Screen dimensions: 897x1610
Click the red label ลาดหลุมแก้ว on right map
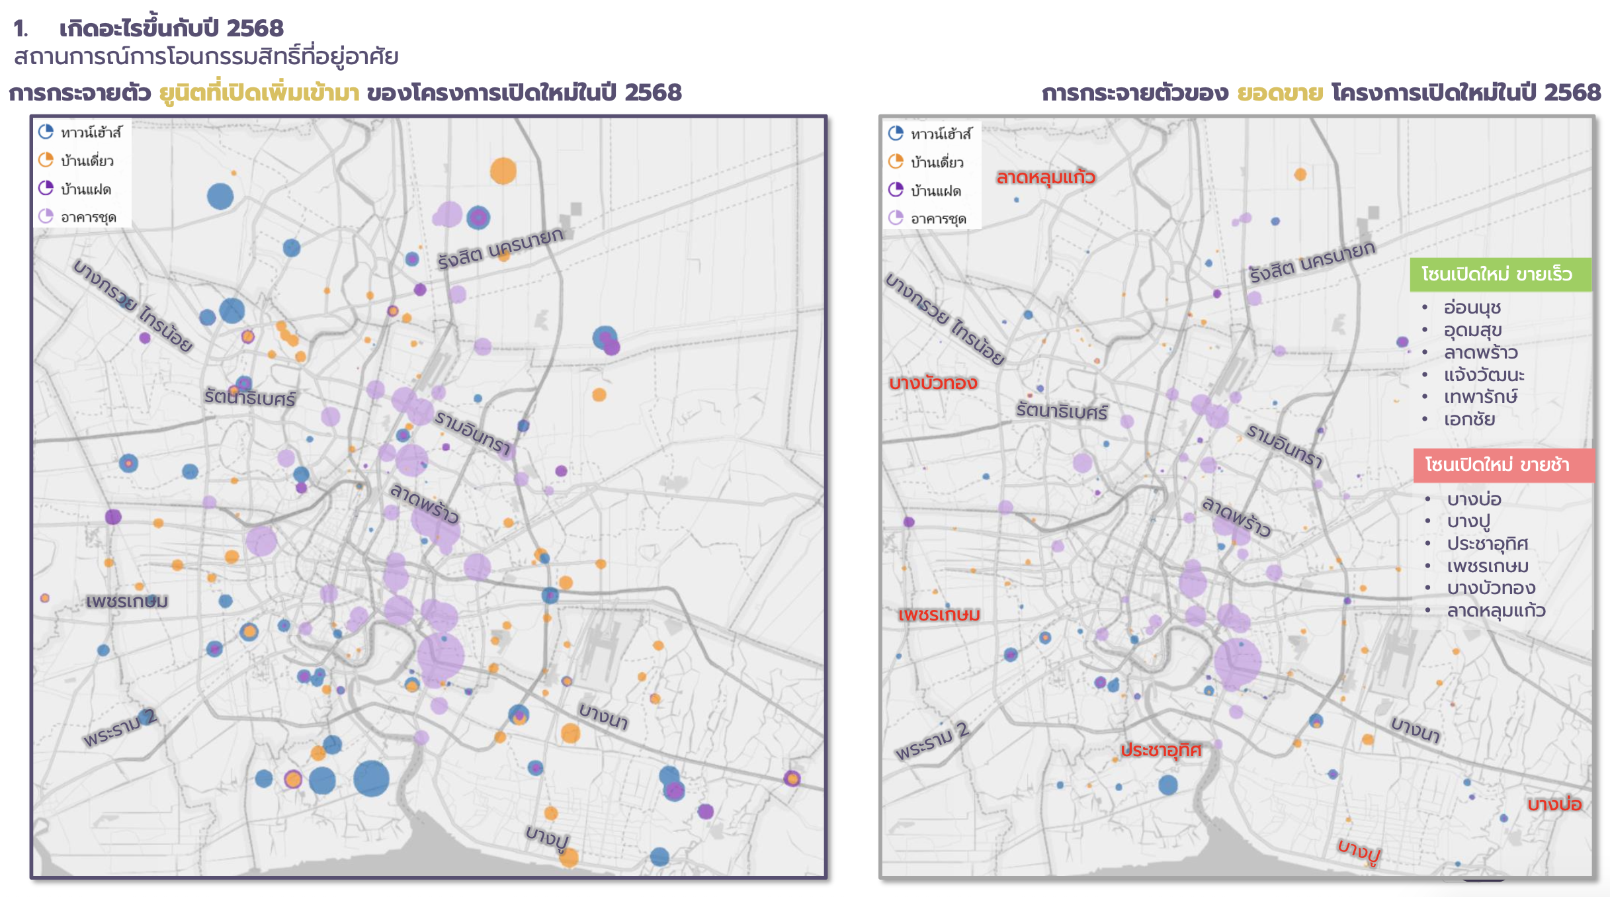tap(1045, 177)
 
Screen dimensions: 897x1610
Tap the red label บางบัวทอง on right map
tap(933, 383)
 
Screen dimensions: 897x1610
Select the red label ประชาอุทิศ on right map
tap(1161, 750)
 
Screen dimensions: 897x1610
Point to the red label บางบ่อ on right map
tap(1554, 804)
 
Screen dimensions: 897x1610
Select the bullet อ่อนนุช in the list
tap(1472, 308)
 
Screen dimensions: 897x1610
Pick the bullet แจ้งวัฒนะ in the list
tap(1484, 375)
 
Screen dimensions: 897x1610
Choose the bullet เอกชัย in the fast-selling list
tap(1469, 419)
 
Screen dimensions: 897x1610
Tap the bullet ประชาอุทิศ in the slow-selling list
tap(1487, 544)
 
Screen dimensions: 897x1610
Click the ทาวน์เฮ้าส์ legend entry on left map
tap(91, 133)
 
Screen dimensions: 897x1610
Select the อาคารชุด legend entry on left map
tap(88, 218)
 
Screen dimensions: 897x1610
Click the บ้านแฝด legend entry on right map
tap(935, 191)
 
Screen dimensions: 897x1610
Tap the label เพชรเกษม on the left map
tap(127, 601)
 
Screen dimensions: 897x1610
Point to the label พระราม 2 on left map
tap(120, 727)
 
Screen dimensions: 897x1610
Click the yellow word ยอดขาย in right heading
tap(1280, 93)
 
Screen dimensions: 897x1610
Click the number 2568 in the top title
tap(255, 28)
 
